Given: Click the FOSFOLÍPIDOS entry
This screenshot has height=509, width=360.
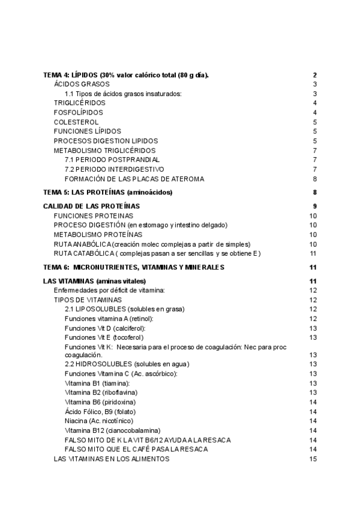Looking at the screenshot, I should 78,112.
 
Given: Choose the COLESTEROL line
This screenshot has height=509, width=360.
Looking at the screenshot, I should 76,122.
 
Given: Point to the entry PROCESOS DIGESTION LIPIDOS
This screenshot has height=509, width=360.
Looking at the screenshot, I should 106,140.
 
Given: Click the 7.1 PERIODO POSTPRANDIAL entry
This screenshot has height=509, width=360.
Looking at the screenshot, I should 112,160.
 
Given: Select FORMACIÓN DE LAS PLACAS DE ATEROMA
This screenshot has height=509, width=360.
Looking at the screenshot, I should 134,179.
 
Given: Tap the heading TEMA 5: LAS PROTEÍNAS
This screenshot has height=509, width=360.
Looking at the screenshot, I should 108,193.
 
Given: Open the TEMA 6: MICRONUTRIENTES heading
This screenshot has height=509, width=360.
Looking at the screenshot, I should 134,267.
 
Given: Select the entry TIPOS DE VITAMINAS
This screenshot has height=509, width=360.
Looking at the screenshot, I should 88,300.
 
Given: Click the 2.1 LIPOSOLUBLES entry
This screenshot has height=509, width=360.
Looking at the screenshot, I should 124,309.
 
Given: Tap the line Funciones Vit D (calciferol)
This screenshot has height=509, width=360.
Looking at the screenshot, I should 105,328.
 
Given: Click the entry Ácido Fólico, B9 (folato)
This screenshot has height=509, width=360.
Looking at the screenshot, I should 100,411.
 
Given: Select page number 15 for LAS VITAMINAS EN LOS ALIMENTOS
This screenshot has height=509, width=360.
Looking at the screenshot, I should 313,459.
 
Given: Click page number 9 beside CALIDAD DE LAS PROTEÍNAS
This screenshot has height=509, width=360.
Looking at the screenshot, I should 314,206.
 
